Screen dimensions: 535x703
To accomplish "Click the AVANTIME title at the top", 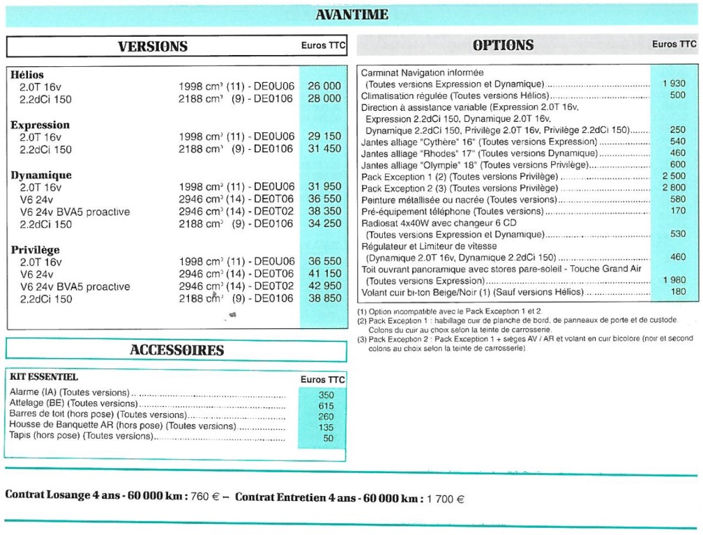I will click(x=351, y=15).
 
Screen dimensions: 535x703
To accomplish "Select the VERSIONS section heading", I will click(x=153, y=47).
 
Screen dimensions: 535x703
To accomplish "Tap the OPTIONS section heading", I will click(x=503, y=46).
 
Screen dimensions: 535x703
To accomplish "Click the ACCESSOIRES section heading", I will click(x=177, y=350).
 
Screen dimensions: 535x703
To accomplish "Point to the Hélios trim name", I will click(x=28, y=75).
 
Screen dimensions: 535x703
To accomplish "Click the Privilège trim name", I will click(x=36, y=249).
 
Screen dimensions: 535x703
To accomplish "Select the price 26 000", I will click(x=324, y=86).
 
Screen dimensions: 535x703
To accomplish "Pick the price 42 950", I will click(x=324, y=286).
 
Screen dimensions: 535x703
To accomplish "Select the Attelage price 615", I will click(x=326, y=406).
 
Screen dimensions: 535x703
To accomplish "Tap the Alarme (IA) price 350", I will click(x=326, y=395).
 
